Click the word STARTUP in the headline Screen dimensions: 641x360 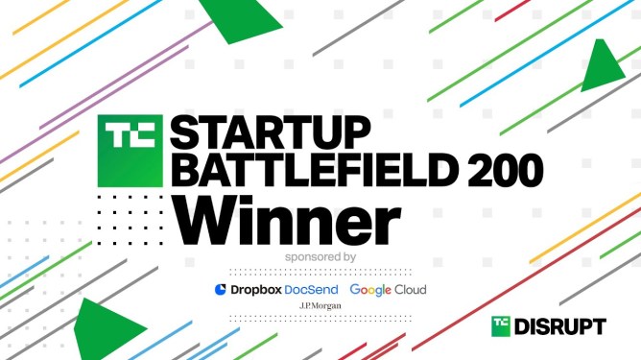coord(271,132)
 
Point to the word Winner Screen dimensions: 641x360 coord(287,221)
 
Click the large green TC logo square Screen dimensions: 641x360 coord(130,151)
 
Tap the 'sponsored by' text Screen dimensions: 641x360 coord(320,257)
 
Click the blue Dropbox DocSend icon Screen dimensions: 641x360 coord(221,289)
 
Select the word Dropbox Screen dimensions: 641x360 coord(256,290)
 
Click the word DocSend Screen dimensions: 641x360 coord(311,290)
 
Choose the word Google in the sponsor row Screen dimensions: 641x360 coord(370,290)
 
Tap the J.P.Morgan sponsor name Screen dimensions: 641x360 coord(320,305)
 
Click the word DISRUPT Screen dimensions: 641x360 coord(560,326)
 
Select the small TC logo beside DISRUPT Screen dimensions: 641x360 coord(501,326)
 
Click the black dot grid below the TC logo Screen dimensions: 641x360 coord(130,220)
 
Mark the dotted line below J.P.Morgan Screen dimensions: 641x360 coord(320,319)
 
